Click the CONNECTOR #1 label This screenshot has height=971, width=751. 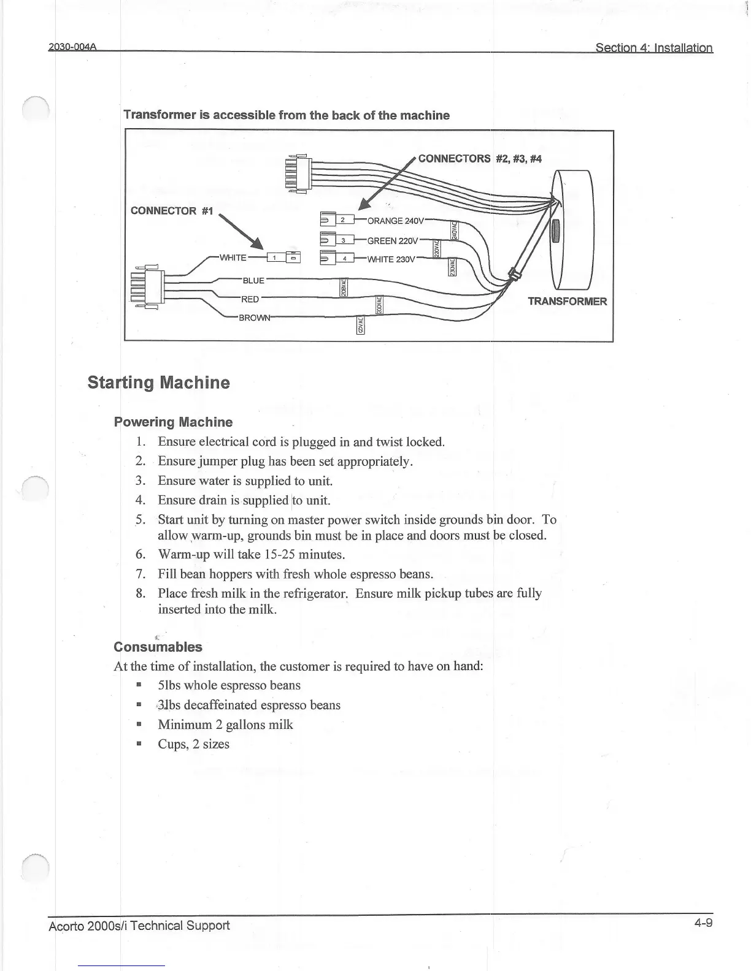pyautogui.click(x=172, y=211)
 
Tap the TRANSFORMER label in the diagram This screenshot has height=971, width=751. pyautogui.click(x=567, y=301)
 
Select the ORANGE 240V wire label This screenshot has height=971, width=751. pyautogui.click(x=395, y=221)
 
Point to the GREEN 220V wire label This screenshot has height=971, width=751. pyautogui.click(x=393, y=241)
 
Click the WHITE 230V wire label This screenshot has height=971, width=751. pyautogui.click(x=391, y=259)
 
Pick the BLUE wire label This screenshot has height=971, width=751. pyautogui.click(x=253, y=281)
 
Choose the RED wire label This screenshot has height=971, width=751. pyautogui.click(x=250, y=299)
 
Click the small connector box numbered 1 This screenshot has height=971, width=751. pyautogui.click(x=275, y=257)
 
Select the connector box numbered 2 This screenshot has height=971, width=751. pyautogui.click(x=344, y=220)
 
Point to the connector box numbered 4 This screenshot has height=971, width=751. pyautogui.click(x=344, y=259)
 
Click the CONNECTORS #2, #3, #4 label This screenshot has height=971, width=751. pyautogui.click(x=480, y=159)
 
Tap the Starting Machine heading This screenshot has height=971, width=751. pyautogui.click(x=159, y=383)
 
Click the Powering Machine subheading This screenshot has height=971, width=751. pyautogui.click(x=174, y=422)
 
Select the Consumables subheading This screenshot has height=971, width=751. pyautogui.click(x=158, y=647)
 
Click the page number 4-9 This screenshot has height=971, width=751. pyautogui.click(x=703, y=923)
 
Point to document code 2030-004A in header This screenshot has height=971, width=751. pyautogui.click(x=74, y=48)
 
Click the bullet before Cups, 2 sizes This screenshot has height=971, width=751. pyautogui.click(x=139, y=744)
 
